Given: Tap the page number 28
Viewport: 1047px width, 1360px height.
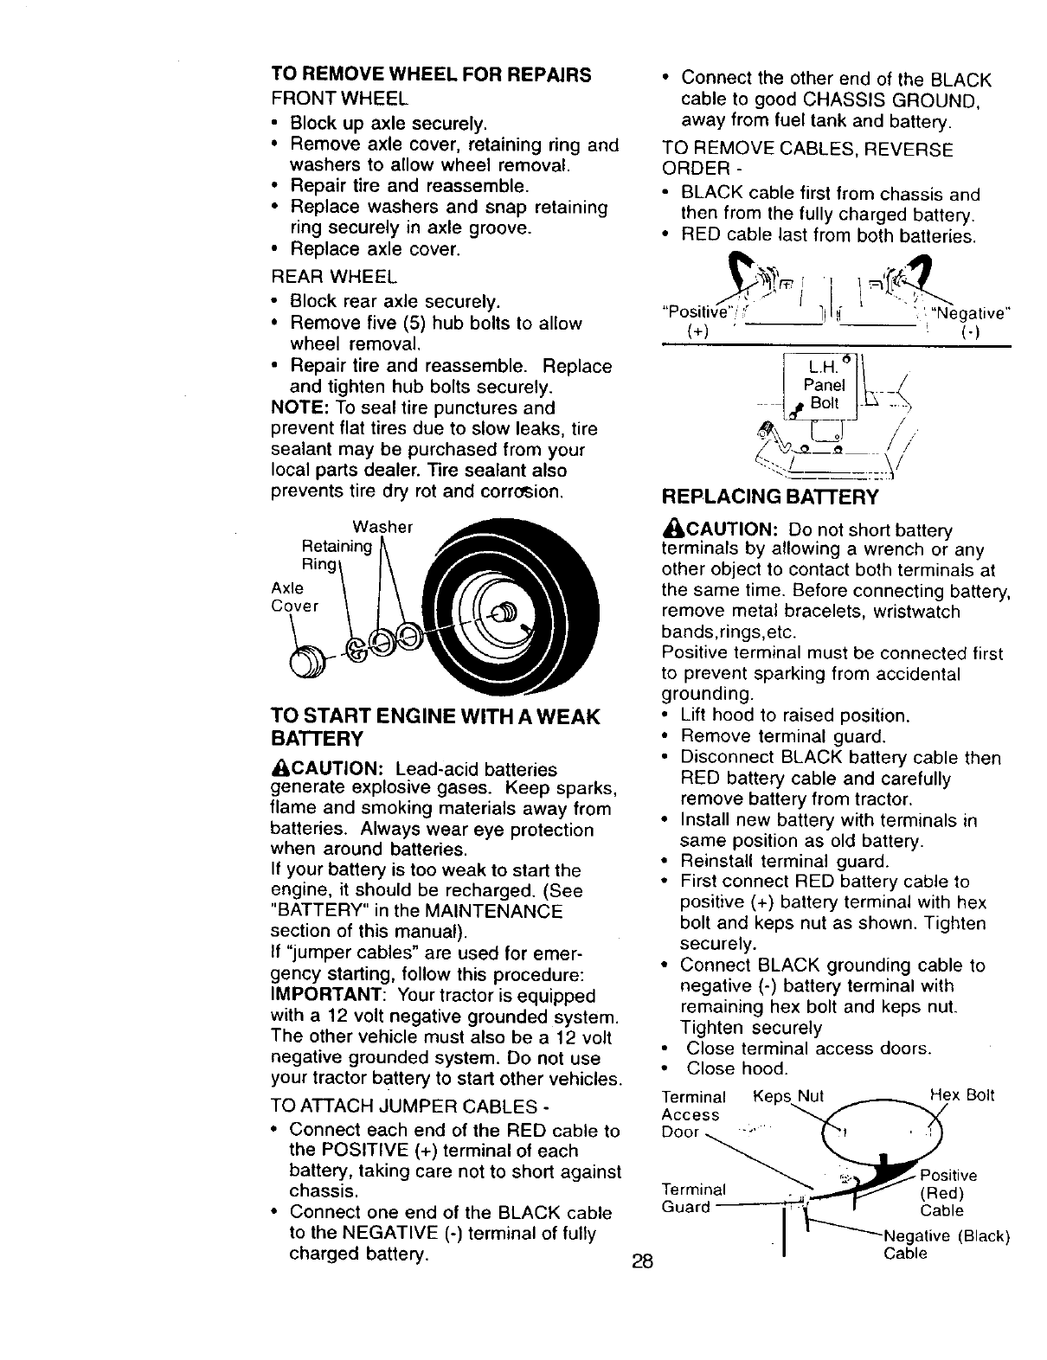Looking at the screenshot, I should click(641, 1261).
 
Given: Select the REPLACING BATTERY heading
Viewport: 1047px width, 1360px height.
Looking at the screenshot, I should click(769, 497).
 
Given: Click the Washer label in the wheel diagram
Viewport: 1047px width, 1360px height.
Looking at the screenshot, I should click(382, 527).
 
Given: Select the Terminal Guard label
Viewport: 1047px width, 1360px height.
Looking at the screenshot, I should click(692, 1196).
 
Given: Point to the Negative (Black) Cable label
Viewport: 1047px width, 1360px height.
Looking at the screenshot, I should click(945, 1244).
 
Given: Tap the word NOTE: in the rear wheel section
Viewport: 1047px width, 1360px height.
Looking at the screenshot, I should click(300, 407).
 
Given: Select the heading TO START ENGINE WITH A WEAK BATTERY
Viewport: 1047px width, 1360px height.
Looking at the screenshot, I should click(434, 728).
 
